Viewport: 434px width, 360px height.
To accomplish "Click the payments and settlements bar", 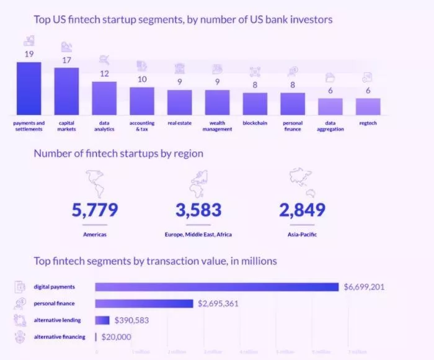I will click(x=29, y=88).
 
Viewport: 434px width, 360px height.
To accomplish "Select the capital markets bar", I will click(x=66, y=91).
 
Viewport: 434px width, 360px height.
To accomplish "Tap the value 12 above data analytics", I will click(x=104, y=74).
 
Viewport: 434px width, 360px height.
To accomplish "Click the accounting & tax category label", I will click(x=142, y=126).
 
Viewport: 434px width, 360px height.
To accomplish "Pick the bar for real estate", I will click(x=179, y=102).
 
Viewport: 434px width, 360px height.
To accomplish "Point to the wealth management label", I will click(x=217, y=126).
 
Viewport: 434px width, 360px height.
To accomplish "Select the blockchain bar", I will click(x=255, y=104).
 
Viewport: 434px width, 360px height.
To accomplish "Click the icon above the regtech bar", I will click(x=368, y=77).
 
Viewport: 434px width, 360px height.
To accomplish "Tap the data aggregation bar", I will click(x=330, y=106).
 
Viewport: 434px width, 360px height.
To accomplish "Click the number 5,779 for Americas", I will click(x=95, y=210).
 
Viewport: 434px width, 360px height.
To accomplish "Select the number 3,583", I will click(x=198, y=210).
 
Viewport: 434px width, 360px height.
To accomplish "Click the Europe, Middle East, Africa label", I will click(x=198, y=235).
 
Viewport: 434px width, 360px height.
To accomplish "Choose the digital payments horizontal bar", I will click(x=217, y=287).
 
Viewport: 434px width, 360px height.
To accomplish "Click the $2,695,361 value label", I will click(x=218, y=304).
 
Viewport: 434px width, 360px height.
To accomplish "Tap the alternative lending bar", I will click(x=102, y=320).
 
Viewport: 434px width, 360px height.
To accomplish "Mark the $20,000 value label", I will click(x=115, y=336).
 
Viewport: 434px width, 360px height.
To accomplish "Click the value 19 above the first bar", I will click(x=29, y=54).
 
